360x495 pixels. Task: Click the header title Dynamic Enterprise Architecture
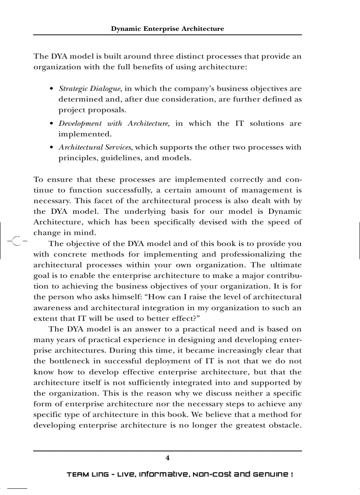point(167,29)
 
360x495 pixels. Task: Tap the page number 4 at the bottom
point(167,458)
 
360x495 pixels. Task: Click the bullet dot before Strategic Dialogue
point(52,89)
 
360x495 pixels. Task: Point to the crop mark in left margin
point(16,241)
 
